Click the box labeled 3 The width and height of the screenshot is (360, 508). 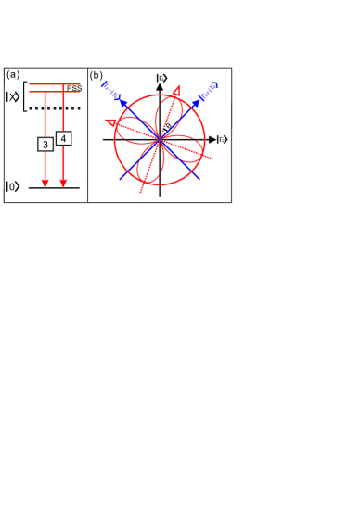[45, 145]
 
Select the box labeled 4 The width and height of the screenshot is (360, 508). [62, 138]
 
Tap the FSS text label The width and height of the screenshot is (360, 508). [73, 87]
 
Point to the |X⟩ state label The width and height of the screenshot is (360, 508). [13, 97]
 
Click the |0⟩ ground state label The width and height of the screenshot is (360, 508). [12, 187]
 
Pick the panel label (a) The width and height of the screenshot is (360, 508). [13, 74]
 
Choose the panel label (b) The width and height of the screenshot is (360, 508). [96, 74]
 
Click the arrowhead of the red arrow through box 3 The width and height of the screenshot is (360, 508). [45, 183]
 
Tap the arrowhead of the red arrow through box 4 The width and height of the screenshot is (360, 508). [62, 183]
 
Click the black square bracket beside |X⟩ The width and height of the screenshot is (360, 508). [24, 97]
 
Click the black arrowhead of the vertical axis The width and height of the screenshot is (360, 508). [161, 88]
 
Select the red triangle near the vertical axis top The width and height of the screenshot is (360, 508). [176, 90]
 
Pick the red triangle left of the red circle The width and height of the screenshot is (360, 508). [111, 121]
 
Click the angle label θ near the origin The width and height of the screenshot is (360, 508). [167, 127]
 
